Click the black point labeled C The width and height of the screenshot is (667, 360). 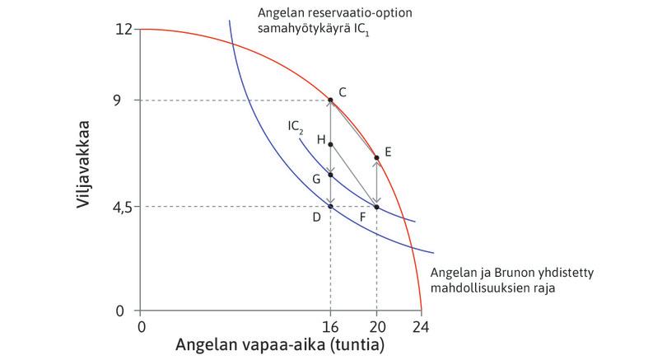click(330, 101)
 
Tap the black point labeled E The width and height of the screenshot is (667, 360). click(376, 157)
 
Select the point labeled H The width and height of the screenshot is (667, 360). click(330, 144)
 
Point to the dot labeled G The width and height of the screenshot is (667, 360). click(330, 175)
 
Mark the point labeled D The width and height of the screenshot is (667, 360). click(330, 206)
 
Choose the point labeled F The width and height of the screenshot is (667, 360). click(376, 206)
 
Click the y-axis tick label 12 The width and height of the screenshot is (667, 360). click(124, 30)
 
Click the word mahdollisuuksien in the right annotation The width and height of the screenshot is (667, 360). click(475, 289)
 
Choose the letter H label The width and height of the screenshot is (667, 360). click(320, 140)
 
